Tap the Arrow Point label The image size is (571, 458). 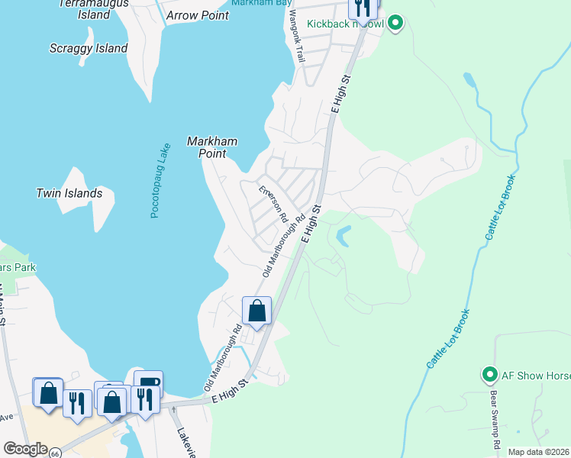tap(197, 15)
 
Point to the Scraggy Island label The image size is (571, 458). tap(89, 48)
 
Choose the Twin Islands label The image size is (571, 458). tap(69, 193)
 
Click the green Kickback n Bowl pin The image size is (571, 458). tap(395, 24)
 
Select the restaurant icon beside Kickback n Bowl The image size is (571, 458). tap(363, 8)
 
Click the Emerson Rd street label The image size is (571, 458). tap(273, 205)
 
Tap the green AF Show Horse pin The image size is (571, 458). tap(489, 375)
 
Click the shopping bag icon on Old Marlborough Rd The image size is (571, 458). tap(257, 311)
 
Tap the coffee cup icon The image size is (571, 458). tap(148, 383)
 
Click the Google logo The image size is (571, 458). tap(24, 449)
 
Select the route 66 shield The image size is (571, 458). tap(55, 453)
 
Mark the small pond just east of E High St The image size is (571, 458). tap(343, 236)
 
